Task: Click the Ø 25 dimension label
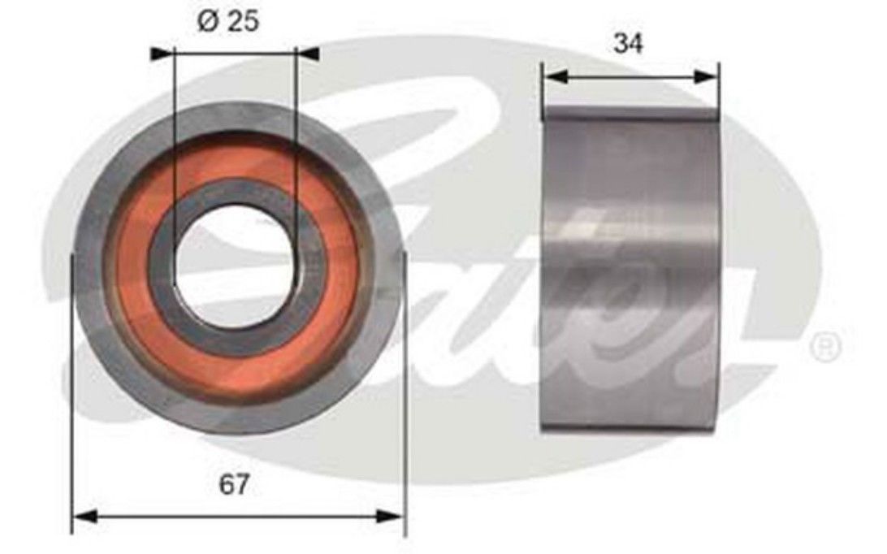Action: point(228,21)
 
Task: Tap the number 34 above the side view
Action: point(627,43)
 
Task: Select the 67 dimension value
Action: point(233,485)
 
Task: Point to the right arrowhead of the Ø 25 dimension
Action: point(307,53)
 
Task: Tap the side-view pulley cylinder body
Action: point(630,268)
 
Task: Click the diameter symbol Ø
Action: point(207,22)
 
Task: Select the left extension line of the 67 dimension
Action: point(73,406)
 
